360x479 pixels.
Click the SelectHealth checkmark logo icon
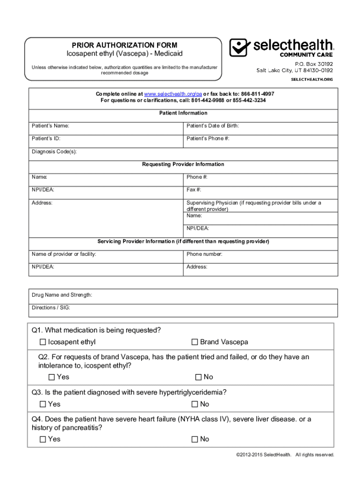tap(240, 48)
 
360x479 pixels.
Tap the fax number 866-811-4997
tap(258, 94)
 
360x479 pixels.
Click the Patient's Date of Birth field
tap(260, 126)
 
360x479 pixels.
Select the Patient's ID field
tap(106, 139)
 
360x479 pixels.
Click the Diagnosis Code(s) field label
tap(54, 152)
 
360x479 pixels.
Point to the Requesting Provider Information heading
tap(183, 164)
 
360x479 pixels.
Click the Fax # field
tap(260, 190)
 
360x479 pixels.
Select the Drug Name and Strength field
tap(183, 295)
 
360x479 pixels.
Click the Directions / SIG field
tap(183, 308)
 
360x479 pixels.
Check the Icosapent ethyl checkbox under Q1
tap(43, 342)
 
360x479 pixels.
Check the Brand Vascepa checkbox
tap(195, 342)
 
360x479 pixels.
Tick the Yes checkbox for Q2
tap(52, 377)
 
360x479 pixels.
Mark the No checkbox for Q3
tap(195, 404)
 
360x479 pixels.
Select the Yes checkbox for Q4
tap(43, 439)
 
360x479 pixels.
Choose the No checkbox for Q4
tap(195, 439)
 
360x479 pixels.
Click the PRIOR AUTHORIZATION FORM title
tap(121, 45)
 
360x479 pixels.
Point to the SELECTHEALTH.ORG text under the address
tap(312, 79)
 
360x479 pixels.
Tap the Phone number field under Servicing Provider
tap(260, 254)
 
